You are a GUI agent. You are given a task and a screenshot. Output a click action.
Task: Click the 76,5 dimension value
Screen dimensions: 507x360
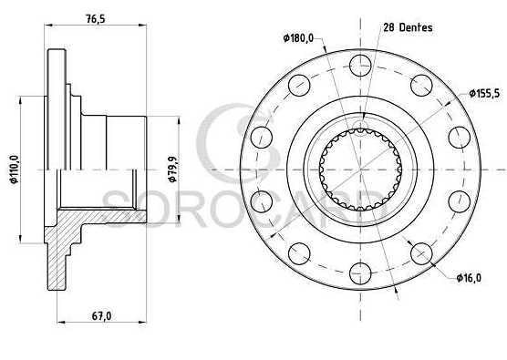(x=96, y=19)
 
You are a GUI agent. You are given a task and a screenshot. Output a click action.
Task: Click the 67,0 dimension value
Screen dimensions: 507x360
(x=101, y=316)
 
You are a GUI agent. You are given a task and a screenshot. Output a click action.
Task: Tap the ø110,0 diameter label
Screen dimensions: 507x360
(x=15, y=170)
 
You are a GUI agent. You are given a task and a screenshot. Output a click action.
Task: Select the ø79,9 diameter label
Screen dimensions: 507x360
(x=172, y=170)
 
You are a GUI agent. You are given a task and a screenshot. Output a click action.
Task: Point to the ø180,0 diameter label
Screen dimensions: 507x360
(x=298, y=38)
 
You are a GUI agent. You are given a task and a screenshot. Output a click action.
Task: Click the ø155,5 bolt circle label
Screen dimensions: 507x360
(x=484, y=93)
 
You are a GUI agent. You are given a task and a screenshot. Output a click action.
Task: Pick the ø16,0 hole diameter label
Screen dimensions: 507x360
(x=469, y=278)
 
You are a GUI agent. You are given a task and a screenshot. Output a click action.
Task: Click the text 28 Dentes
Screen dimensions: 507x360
(x=408, y=27)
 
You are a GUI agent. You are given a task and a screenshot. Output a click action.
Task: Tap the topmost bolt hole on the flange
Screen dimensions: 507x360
(x=360, y=66)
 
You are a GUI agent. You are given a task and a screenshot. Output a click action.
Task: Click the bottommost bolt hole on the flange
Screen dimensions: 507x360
(x=360, y=273)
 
